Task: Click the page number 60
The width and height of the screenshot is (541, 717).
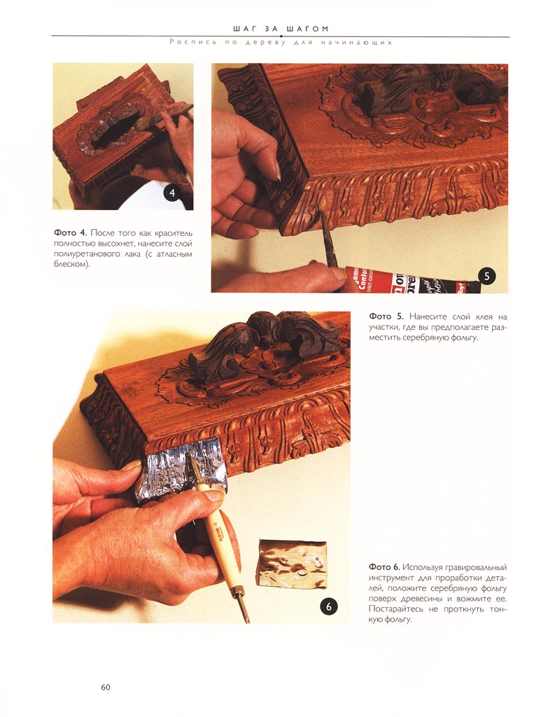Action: coord(106,687)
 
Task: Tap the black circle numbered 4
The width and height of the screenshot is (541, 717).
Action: coord(171,193)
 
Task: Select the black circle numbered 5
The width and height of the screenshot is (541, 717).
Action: coord(486,276)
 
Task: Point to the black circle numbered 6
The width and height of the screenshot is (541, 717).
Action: coord(328,607)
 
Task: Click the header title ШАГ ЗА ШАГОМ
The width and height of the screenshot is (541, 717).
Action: coord(281,29)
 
